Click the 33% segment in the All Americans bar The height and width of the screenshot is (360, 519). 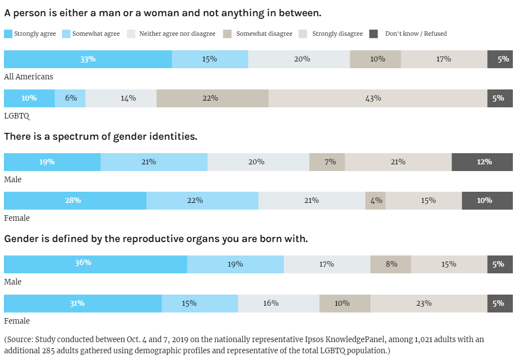coord(88,59)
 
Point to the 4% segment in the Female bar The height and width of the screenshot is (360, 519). coord(375,201)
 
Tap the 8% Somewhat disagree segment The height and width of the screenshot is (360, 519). coord(391,264)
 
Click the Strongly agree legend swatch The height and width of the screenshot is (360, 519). coord(8,34)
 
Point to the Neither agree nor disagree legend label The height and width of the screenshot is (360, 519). coord(177,34)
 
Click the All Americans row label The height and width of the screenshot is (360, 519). coord(28,77)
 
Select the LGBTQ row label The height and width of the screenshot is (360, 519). coord(17,116)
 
